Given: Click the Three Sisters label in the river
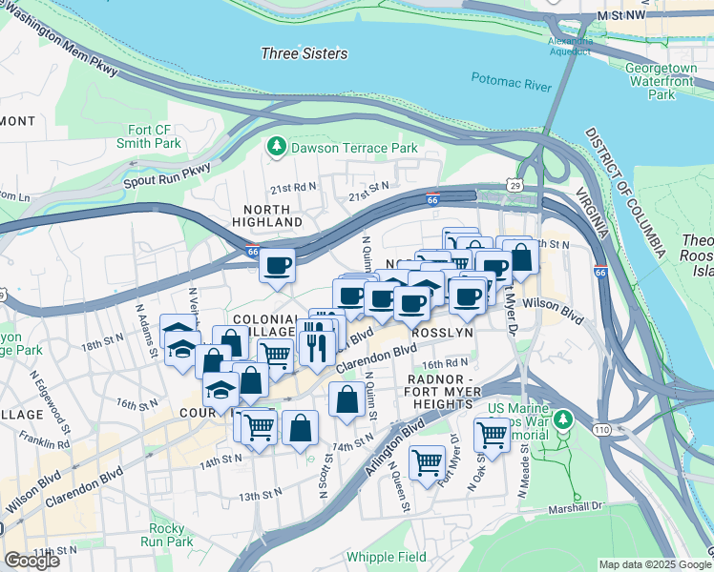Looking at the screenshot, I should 304,53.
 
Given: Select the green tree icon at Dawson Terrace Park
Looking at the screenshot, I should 276,148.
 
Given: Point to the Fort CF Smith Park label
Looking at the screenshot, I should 155,137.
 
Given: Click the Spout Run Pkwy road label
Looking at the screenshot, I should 166,176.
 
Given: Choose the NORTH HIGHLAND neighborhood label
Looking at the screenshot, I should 266,215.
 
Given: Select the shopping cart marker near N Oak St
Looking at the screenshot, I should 492,434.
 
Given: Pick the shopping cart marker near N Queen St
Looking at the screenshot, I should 427,462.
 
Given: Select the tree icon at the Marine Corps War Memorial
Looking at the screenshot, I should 563,419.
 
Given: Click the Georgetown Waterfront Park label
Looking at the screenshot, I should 661,81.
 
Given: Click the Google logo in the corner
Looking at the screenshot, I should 31,561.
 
